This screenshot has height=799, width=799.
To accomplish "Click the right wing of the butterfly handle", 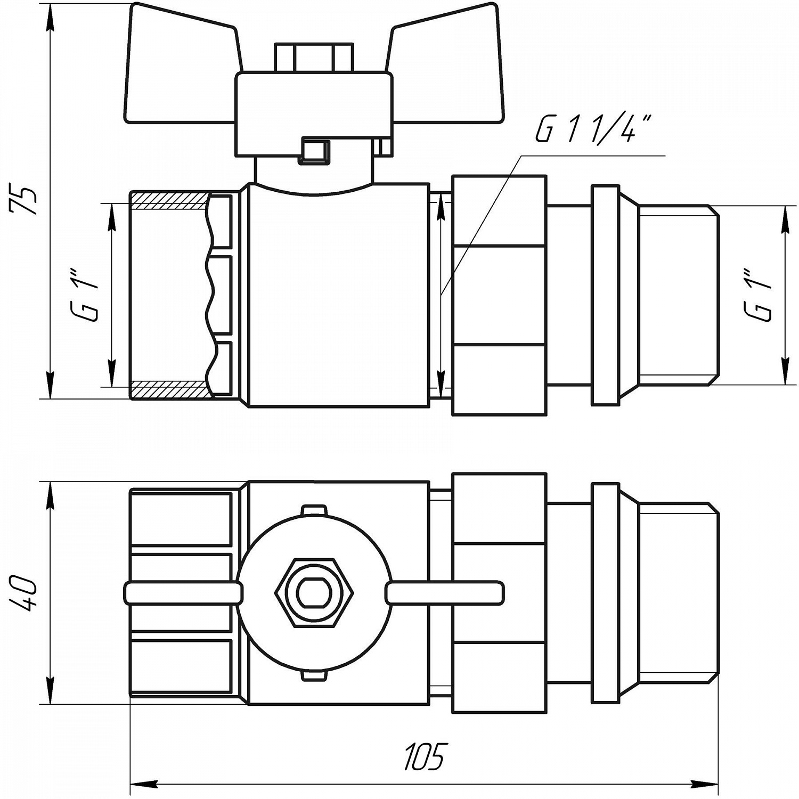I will point(447,64).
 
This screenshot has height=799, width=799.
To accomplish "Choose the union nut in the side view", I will point(499,296).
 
